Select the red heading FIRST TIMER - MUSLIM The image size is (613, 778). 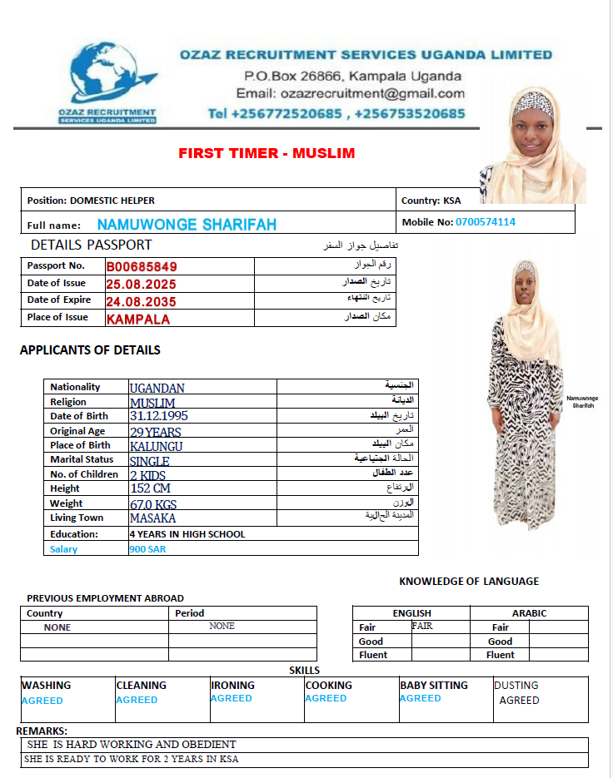[267, 153]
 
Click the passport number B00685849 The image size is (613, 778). [142, 267]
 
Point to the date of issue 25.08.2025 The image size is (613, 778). [142, 284]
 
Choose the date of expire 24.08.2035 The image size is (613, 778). [142, 301]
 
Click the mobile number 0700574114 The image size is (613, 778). [485, 222]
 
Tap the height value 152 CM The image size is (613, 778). [150, 488]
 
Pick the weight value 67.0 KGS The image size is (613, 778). [153, 504]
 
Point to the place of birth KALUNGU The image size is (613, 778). [156, 446]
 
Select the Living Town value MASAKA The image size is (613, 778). [152, 518]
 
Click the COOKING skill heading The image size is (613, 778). [328, 686]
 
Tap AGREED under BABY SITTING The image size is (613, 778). [421, 699]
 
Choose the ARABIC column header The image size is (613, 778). [529, 613]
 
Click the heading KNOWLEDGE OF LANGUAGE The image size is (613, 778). [469, 582]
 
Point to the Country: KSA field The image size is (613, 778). [431, 201]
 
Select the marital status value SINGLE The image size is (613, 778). [149, 461]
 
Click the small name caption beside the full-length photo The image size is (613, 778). [582, 402]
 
